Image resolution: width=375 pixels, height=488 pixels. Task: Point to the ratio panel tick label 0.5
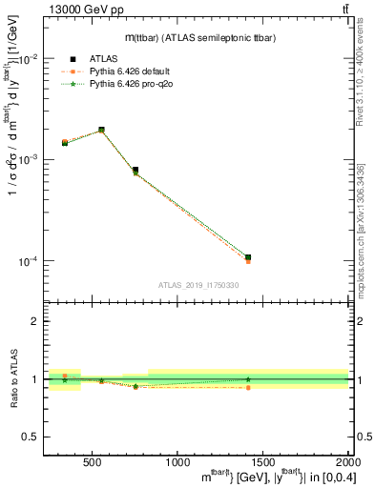click(x=31, y=437)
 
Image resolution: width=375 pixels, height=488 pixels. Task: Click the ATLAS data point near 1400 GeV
click(x=247, y=257)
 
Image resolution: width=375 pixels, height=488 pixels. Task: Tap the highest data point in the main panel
click(x=101, y=130)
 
